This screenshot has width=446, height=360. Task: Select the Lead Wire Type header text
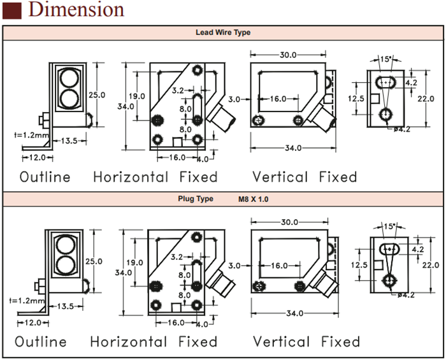click(223, 32)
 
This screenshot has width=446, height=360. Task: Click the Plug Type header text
click(196, 199)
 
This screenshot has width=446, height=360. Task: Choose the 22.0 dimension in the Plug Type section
click(431, 264)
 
